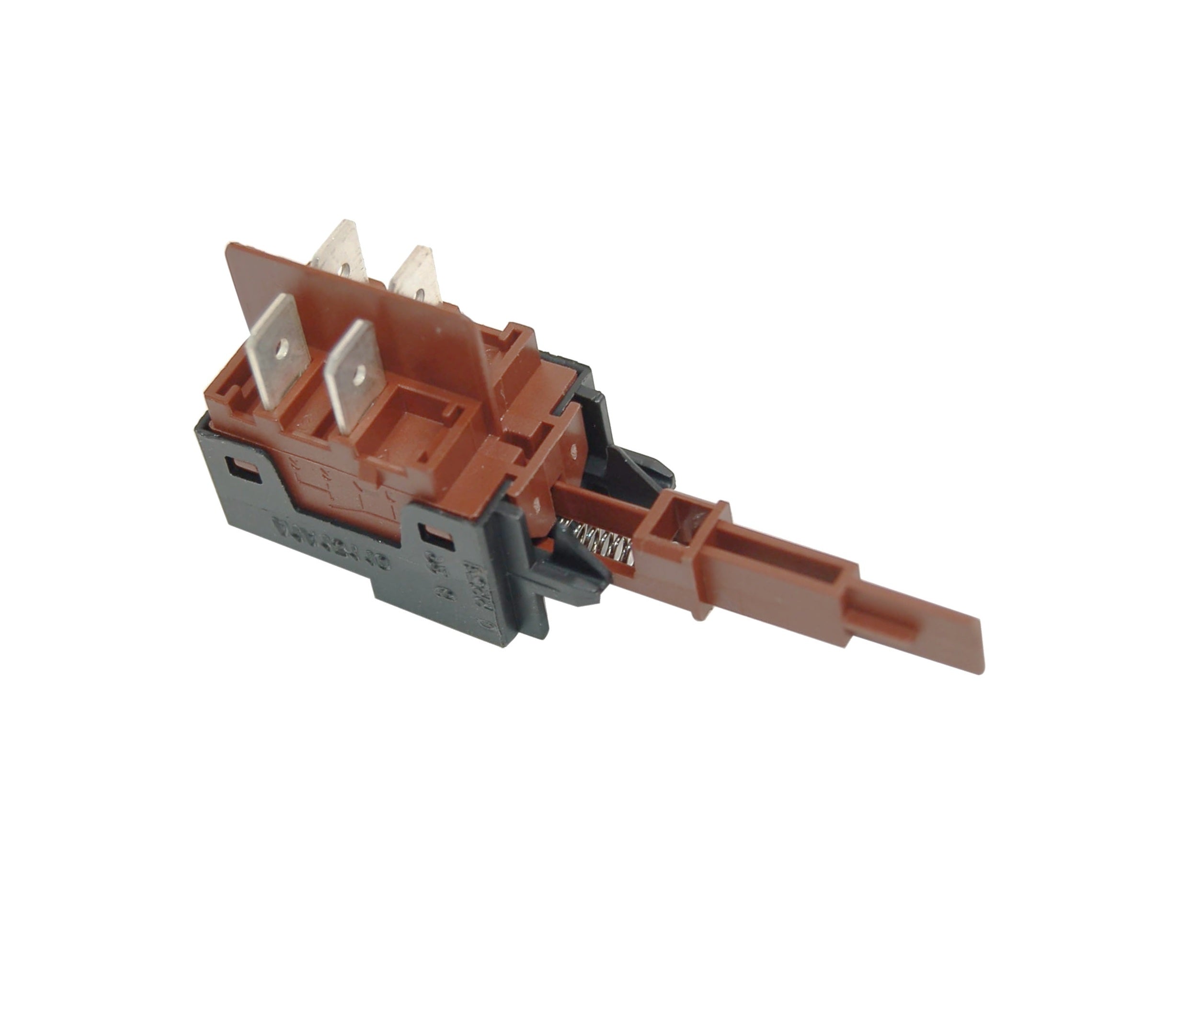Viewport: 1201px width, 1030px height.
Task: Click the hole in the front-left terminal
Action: click(x=282, y=347)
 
